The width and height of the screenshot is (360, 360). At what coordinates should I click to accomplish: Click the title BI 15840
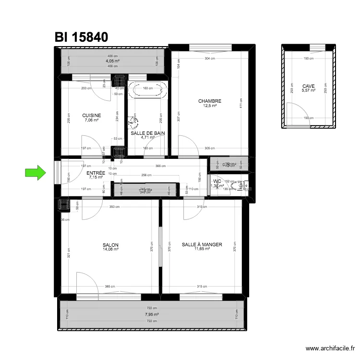(81, 37)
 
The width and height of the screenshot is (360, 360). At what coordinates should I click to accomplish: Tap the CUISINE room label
(91, 115)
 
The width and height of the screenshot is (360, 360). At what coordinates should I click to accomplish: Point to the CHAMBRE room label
(210, 101)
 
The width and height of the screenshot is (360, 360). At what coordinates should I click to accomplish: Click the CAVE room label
(309, 86)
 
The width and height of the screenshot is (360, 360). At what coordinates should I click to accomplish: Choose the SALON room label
(110, 245)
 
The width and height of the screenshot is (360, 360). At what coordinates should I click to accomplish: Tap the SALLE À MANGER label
(202, 244)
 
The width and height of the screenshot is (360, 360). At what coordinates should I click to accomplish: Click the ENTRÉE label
(96, 173)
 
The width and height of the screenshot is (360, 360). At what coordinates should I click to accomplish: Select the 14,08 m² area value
(110, 249)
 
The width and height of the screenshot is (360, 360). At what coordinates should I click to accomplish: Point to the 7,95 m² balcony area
(152, 314)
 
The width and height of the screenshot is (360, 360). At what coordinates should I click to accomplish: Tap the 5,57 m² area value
(309, 90)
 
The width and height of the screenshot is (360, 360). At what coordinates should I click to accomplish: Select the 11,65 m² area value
(202, 249)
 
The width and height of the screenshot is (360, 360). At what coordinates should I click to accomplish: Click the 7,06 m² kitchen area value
(91, 120)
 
